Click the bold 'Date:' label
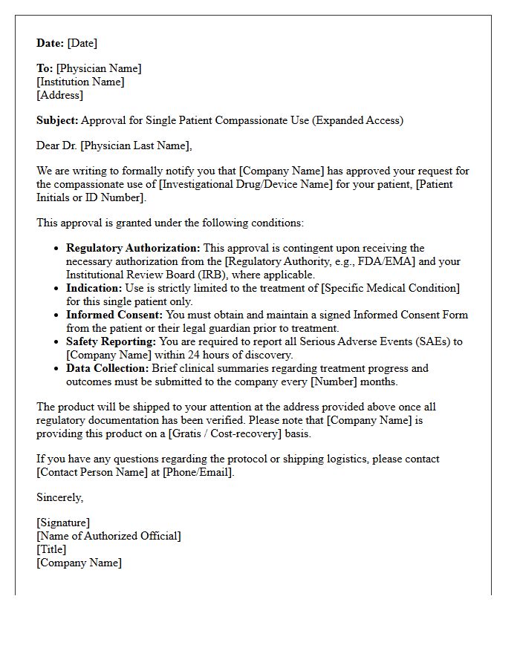pyautogui.click(x=51, y=43)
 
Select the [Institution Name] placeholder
pyautogui.click(x=80, y=82)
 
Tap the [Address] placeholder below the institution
pyautogui.click(x=59, y=95)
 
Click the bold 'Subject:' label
pyautogui.click(x=57, y=120)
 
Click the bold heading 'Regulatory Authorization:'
pyautogui.click(x=133, y=248)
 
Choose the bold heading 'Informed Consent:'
pyautogui.click(x=114, y=315)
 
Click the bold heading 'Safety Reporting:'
pyautogui.click(x=111, y=341)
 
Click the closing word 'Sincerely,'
pyautogui.click(x=60, y=497)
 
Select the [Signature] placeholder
pyautogui.click(x=63, y=523)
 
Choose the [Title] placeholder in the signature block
pyautogui.click(x=51, y=549)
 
